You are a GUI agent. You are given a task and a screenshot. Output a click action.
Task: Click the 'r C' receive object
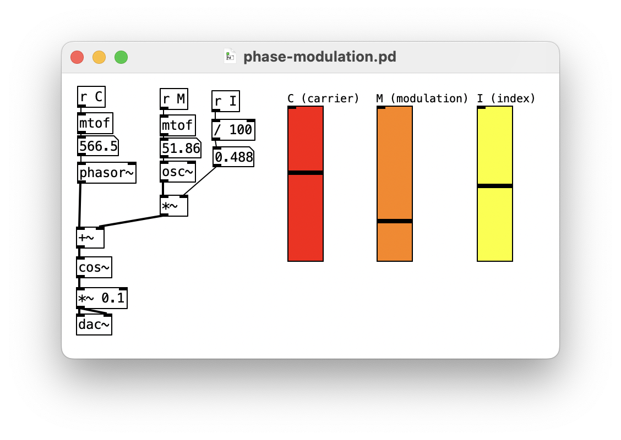91,97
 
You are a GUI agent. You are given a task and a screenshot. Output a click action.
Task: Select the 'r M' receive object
174,100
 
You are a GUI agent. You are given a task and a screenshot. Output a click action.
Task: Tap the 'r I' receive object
226,101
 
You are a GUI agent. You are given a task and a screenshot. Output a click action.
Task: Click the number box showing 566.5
98,146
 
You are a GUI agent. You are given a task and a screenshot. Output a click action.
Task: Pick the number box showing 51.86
181,148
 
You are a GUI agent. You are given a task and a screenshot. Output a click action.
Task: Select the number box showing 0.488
233,157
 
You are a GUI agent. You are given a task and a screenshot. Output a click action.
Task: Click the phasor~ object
107,173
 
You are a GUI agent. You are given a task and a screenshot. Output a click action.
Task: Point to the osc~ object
178,172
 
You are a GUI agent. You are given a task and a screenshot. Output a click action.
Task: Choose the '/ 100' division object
233,130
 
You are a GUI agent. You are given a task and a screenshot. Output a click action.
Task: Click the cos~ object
94,267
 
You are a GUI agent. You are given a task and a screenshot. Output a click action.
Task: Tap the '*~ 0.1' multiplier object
102,298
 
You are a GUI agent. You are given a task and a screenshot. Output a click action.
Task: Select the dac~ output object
94,324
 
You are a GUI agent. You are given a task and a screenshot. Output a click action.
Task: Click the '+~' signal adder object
90,238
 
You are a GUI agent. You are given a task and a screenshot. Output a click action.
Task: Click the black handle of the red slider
306,173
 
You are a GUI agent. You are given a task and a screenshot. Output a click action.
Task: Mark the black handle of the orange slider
395,221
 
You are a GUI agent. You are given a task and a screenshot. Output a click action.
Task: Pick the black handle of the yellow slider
495,186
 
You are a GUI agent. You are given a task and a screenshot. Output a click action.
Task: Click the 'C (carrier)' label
323,98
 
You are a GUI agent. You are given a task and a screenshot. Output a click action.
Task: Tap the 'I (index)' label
506,98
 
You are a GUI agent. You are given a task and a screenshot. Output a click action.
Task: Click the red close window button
77,57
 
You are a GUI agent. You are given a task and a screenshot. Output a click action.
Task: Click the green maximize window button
121,57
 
